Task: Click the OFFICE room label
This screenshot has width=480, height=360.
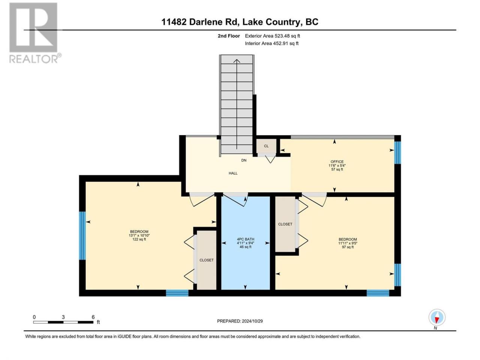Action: pos(337,162)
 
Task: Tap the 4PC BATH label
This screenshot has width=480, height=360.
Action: pos(245,239)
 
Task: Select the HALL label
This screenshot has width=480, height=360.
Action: pos(233,173)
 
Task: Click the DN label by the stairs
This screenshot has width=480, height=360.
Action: pos(244,160)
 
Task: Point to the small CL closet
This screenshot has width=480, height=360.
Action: pos(266,146)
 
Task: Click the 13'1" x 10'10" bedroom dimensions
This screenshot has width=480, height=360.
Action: pos(139,235)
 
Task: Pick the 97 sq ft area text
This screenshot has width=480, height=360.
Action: pos(348,247)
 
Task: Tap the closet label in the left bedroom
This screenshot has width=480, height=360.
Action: pos(206,260)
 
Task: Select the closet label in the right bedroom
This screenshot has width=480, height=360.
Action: pos(285,224)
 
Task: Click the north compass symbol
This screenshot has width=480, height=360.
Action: pos(437,317)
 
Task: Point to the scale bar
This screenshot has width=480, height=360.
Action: pos(63,322)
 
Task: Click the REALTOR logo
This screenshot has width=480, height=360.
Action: pos(34,33)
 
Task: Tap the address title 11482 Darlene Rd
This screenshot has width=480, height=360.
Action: pos(199,22)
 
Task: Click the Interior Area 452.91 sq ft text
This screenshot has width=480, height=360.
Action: pos(271,43)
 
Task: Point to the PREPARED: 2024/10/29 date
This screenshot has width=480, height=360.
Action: pos(240,321)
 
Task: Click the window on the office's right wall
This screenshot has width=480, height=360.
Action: pos(397,152)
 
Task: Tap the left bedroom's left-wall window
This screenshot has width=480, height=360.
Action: pos(82,235)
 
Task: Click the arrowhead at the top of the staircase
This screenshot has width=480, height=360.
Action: pos(237,61)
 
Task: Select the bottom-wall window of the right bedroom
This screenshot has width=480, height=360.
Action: pos(378,293)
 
